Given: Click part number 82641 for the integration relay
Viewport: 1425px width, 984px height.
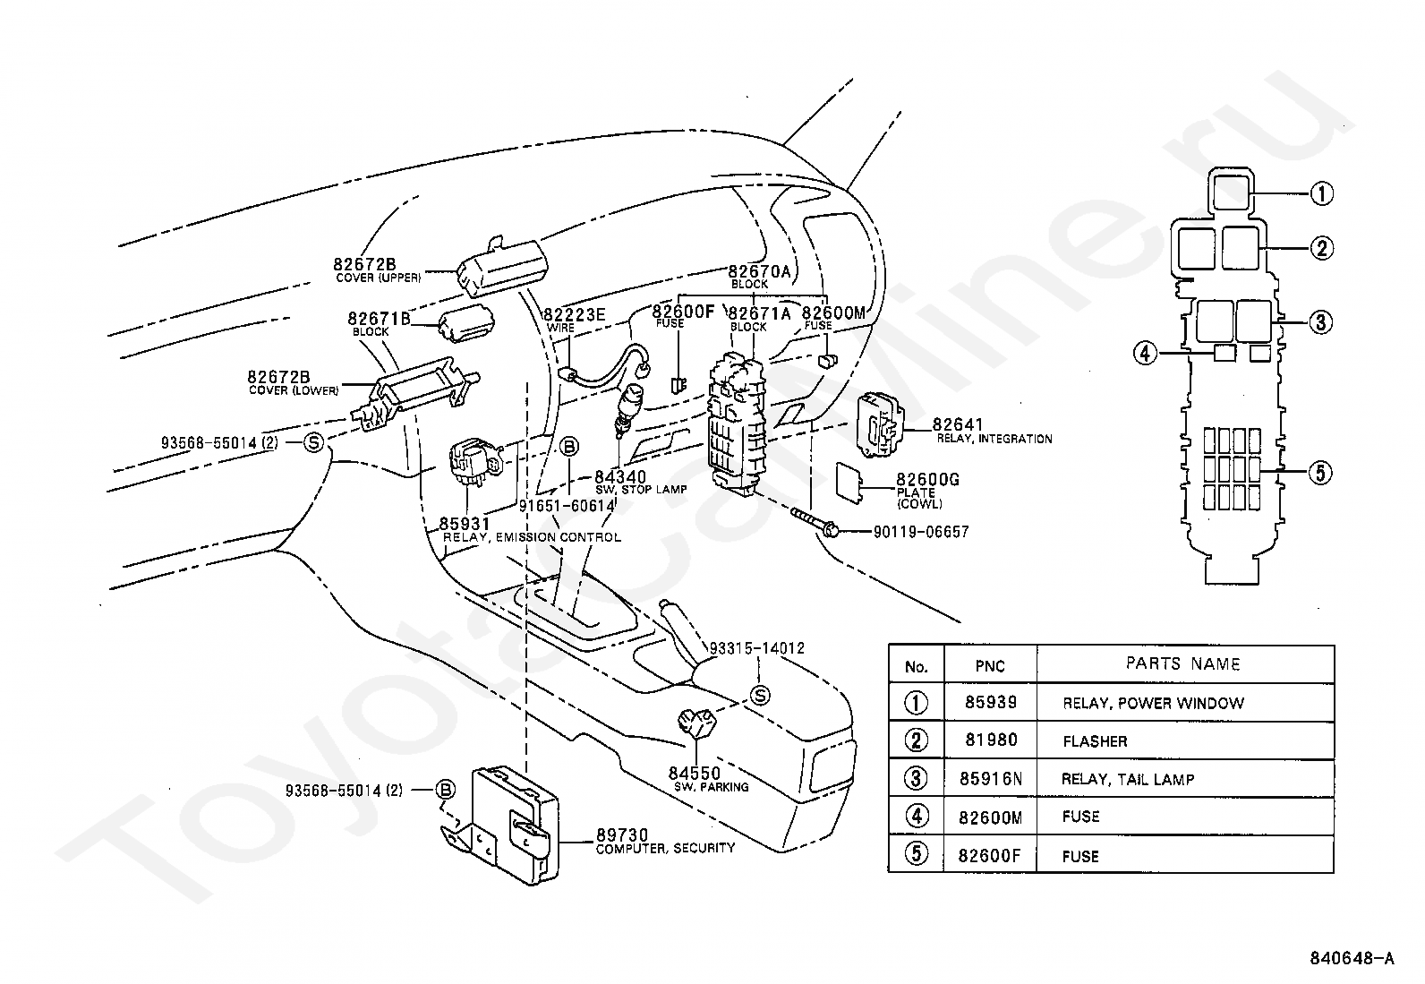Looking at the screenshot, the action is click(x=958, y=424).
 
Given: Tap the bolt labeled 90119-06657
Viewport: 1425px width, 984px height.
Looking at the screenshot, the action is click(x=815, y=521).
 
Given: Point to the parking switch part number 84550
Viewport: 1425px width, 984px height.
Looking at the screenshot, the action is click(x=694, y=773).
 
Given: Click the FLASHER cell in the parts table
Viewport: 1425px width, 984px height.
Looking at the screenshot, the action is click(x=1095, y=740).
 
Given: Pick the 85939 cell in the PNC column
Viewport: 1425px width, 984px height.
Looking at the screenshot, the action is click(x=991, y=702).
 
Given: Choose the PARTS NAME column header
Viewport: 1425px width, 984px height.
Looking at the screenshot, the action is click(x=1182, y=663).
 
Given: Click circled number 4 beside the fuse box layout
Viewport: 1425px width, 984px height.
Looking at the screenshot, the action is click(x=1146, y=353).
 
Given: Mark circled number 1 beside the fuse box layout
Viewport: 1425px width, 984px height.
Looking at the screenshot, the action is click(x=1321, y=193).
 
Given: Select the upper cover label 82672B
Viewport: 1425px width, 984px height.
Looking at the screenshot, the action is click(x=364, y=264).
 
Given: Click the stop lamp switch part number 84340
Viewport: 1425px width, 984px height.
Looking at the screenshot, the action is click(x=620, y=476).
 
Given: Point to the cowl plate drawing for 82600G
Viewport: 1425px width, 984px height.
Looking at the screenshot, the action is click(x=849, y=483).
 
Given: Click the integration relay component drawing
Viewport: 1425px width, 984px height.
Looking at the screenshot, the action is click(x=881, y=425).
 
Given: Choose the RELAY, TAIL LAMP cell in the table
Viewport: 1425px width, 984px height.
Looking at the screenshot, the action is click(x=1127, y=779).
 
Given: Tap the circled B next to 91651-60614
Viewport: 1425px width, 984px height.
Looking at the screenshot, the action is click(x=568, y=447).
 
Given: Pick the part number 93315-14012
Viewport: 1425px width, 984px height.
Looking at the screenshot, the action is click(x=756, y=648).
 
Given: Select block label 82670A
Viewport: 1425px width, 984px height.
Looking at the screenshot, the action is click(x=759, y=272).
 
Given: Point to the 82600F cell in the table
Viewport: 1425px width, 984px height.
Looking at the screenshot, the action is click(x=989, y=856).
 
